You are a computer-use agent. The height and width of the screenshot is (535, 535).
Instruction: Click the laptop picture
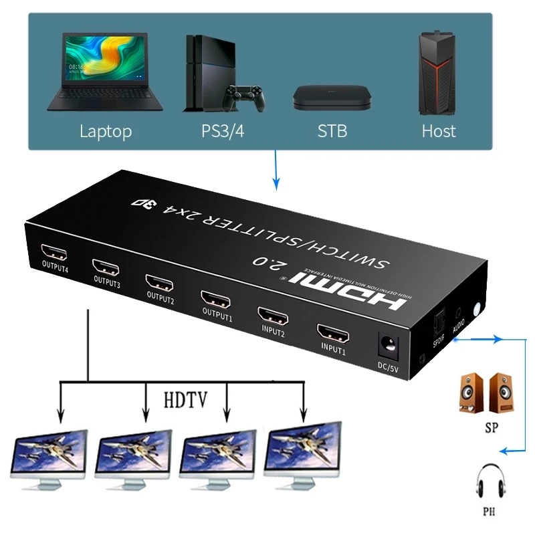coord(105,73)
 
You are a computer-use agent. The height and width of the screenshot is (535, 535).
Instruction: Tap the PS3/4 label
coord(223,130)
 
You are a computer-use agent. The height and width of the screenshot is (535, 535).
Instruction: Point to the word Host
coord(439,130)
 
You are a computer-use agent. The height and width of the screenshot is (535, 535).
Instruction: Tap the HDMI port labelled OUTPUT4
coord(55,253)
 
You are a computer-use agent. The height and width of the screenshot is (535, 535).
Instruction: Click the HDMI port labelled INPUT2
coord(273,314)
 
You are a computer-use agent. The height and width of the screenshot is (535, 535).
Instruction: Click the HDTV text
coord(185,400)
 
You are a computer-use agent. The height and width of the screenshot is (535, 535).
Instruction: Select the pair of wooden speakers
coord(486,393)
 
